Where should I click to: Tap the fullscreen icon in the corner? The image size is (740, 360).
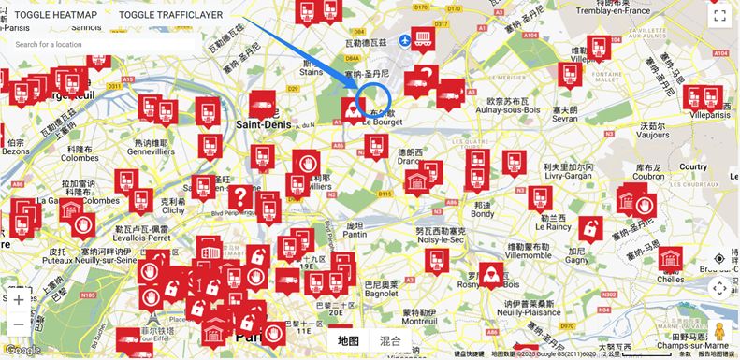pyautogui.click(x=719, y=15)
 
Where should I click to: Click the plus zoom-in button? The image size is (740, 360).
pyautogui.click(x=19, y=300)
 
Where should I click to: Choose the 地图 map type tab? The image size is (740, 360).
pyautogui.click(x=348, y=341)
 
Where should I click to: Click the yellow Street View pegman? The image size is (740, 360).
pyautogui.click(x=719, y=332)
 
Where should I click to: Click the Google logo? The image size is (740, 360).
pyautogui.click(x=22, y=351)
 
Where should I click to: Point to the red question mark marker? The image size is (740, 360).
pyautogui.click(x=240, y=196)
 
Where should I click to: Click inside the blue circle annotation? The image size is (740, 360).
pyautogui.click(x=374, y=98)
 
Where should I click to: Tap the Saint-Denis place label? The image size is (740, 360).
pyautogui.click(x=264, y=123)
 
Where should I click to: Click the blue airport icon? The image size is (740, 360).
pyautogui.click(x=404, y=41)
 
